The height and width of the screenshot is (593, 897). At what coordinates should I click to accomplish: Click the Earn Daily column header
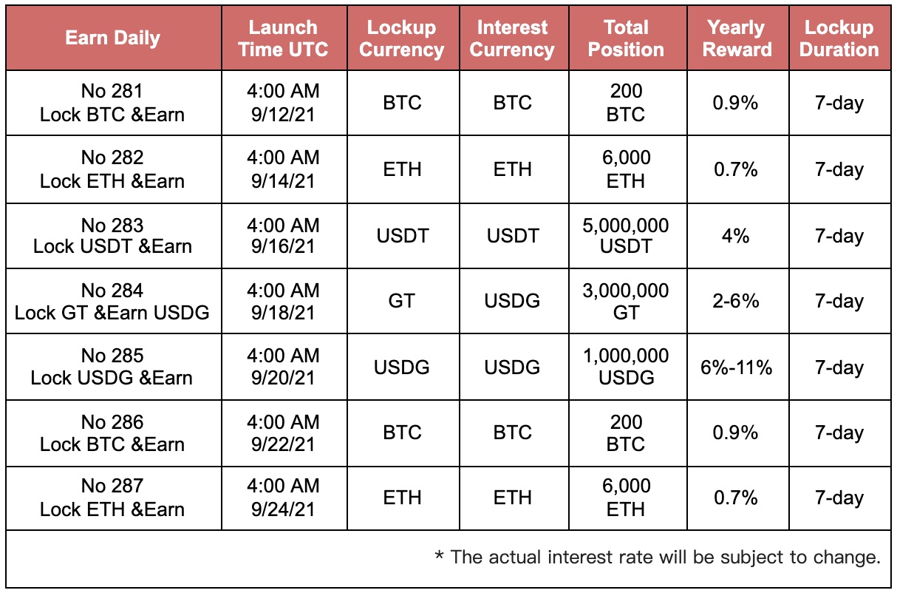[x=112, y=38]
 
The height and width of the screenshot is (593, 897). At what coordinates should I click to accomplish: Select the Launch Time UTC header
[x=283, y=38]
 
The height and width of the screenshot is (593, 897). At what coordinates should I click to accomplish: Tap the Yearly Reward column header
[x=737, y=38]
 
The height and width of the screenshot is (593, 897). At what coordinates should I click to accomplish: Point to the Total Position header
[x=626, y=38]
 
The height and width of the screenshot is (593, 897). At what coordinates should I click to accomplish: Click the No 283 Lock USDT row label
[x=112, y=236]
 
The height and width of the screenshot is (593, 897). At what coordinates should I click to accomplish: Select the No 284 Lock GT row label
[x=112, y=302]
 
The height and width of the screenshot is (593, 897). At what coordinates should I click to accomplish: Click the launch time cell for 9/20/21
[x=283, y=367]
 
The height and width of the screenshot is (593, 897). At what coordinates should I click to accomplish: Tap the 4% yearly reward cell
[x=736, y=236]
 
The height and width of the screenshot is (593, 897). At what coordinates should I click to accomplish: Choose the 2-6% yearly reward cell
[x=736, y=301]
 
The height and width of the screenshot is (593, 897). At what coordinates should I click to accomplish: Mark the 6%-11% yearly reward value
[x=736, y=367]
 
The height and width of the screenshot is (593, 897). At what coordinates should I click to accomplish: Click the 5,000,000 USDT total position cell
[x=626, y=236]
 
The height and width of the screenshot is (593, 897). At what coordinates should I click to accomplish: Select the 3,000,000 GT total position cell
[x=626, y=302]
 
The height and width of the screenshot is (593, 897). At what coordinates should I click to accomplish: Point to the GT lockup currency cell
[x=402, y=301]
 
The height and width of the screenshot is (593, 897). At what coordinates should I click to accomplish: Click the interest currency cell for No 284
[x=512, y=301]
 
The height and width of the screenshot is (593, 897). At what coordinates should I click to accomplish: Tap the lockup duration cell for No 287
[x=839, y=498]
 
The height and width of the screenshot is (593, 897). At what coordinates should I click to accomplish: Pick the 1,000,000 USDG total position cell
[x=626, y=367]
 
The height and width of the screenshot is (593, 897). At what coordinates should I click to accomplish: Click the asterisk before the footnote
[x=440, y=555]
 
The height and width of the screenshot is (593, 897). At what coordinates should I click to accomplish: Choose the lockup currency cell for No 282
[x=402, y=169]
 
